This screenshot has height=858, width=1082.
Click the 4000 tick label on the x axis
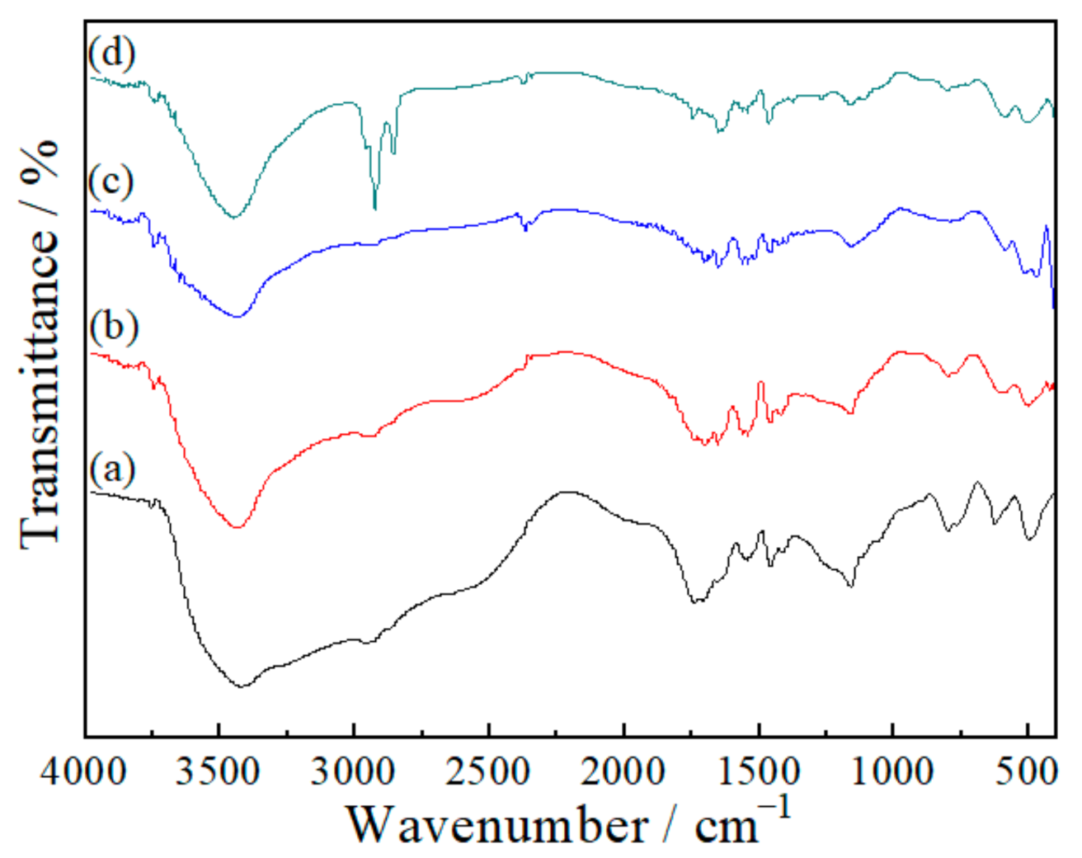(85, 773)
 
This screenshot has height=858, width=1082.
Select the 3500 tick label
(219, 773)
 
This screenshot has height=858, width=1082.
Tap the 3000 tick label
(354, 773)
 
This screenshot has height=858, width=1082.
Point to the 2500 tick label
(489, 773)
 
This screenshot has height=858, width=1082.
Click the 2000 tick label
(623, 773)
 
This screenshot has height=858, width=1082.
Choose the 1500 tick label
(759, 773)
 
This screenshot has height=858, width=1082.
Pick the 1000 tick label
(893, 773)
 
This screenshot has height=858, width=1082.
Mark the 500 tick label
(1028, 773)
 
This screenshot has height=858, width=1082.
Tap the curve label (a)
(112, 470)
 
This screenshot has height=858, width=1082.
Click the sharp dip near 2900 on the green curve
(375, 206)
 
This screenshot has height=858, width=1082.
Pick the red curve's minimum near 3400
(238, 527)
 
